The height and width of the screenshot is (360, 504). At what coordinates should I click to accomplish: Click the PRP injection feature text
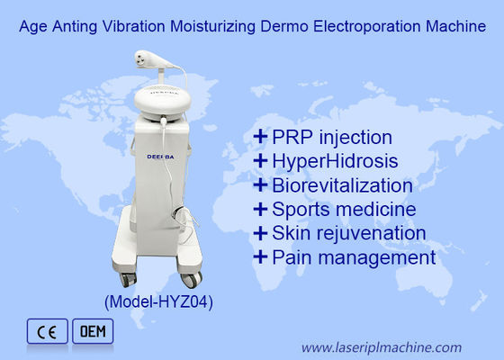pos(333,138)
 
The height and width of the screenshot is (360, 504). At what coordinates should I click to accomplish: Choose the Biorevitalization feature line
pos(343,185)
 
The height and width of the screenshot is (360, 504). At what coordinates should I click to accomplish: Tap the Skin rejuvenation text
pos(348,233)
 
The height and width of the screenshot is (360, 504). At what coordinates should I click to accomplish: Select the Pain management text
pos(354,257)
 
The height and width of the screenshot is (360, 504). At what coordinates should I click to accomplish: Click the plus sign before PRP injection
pos(261,138)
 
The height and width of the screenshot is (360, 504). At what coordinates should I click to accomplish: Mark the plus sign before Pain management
pos(261,257)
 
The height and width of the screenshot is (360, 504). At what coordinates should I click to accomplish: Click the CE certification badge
pos(46,331)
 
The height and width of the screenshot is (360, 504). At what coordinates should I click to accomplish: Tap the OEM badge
pos(92,331)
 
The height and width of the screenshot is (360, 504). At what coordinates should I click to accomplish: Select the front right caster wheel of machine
pos(193,278)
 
